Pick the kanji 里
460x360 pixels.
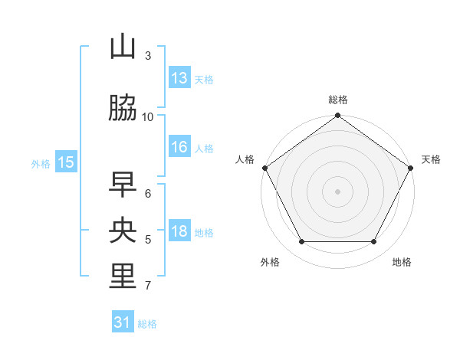pyautogui.click(x=123, y=277)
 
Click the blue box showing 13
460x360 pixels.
pyautogui.click(x=179, y=78)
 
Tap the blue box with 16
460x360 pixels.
pyautogui.click(x=179, y=148)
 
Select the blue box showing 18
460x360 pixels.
pyautogui.click(x=179, y=232)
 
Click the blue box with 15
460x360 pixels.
pyautogui.click(x=66, y=162)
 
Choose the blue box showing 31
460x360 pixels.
pyautogui.click(x=123, y=322)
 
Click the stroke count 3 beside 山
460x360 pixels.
pyautogui.click(x=148, y=56)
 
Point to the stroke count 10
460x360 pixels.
pyautogui.click(x=148, y=116)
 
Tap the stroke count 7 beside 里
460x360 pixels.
pyautogui.click(x=148, y=286)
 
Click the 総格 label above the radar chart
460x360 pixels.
pyautogui.click(x=337, y=100)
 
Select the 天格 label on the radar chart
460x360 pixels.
pyautogui.click(x=431, y=159)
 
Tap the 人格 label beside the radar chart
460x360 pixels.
pyautogui.click(x=245, y=159)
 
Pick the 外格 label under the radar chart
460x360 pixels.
pyautogui.click(x=270, y=262)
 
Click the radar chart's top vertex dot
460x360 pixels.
pyautogui.click(x=337, y=116)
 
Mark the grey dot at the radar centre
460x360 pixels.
pyautogui.click(x=337, y=191)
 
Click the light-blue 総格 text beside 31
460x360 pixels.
pyautogui.click(x=147, y=324)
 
